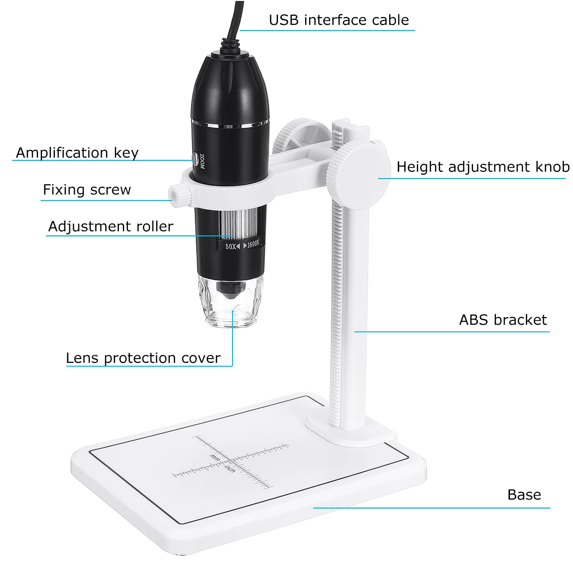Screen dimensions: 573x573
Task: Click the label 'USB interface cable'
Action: [339, 20]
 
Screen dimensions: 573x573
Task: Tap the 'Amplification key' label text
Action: [77, 153]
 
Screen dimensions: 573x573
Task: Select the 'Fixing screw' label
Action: [87, 190]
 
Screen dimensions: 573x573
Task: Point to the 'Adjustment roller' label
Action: [110, 226]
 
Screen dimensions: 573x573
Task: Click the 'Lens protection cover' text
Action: [143, 358]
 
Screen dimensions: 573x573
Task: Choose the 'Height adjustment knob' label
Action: [483, 167]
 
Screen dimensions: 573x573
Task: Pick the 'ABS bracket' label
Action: [503, 320]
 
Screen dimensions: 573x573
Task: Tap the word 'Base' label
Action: [524, 495]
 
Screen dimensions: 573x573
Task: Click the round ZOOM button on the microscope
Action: [195, 159]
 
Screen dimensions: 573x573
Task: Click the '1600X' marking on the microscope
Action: [253, 244]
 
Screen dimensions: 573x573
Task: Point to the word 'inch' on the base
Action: [230, 468]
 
